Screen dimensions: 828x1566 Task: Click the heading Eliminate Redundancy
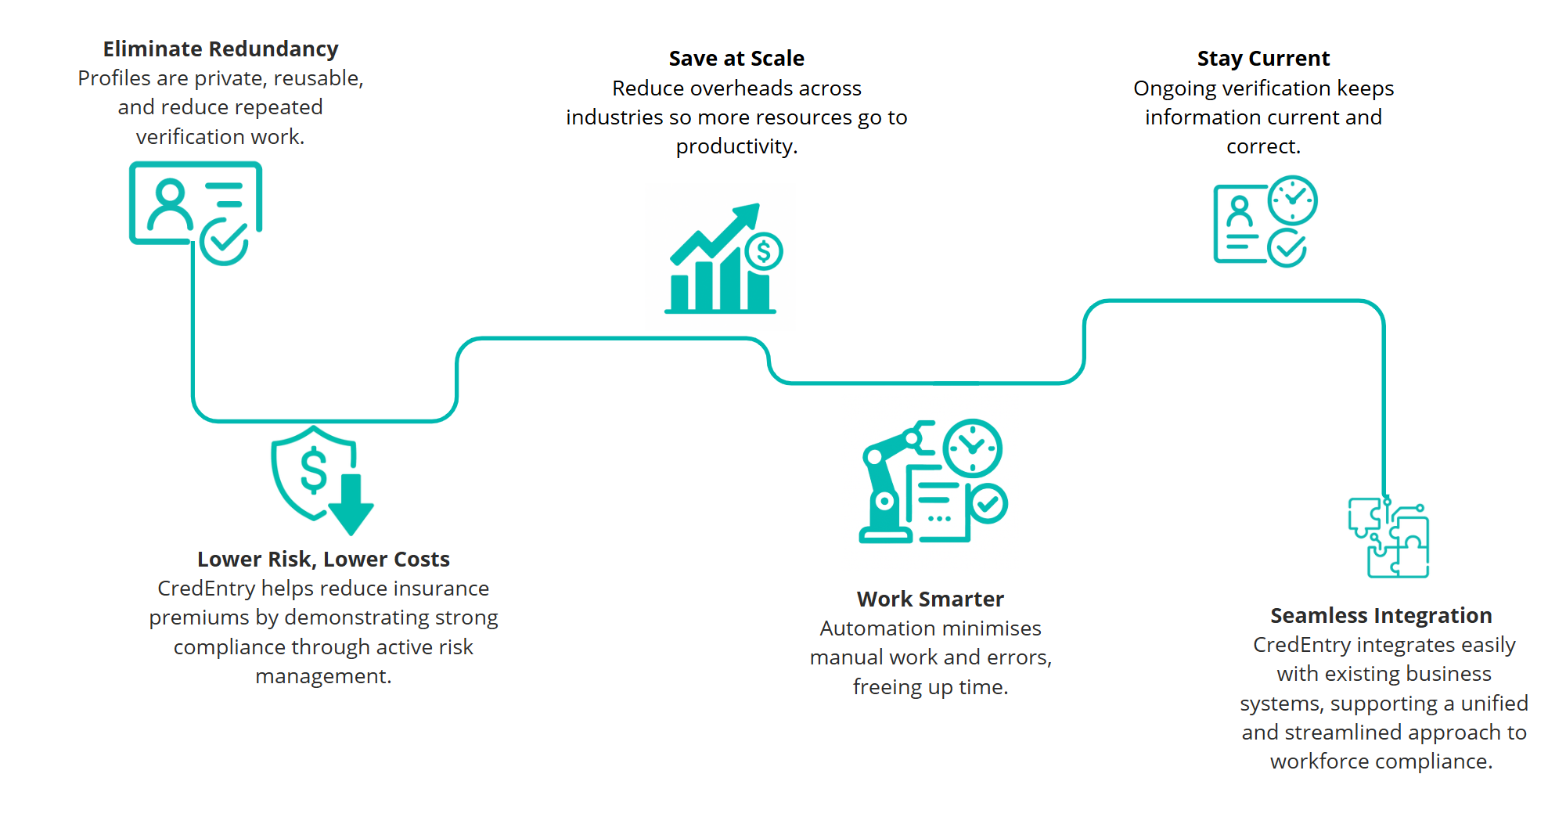pos(221,49)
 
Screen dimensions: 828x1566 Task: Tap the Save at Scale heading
pos(736,59)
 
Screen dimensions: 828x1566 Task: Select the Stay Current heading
pos(1263,59)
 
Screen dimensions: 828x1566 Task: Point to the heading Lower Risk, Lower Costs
pos(323,560)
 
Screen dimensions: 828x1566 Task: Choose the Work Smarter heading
pos(930,599)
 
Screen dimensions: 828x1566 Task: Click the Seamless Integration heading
pos(1381,616)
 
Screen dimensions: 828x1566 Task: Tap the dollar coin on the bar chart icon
pos(764,252)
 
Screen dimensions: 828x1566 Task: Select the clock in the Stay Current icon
pos(1292,200)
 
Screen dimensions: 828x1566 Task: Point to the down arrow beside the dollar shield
pos(351,505)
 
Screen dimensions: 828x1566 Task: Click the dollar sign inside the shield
pos(314,470)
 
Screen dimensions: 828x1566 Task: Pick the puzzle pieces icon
pos(1388,539)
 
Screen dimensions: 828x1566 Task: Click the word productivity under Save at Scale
pos(736,146)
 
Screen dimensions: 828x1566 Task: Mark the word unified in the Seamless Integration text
pos(1494,704)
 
